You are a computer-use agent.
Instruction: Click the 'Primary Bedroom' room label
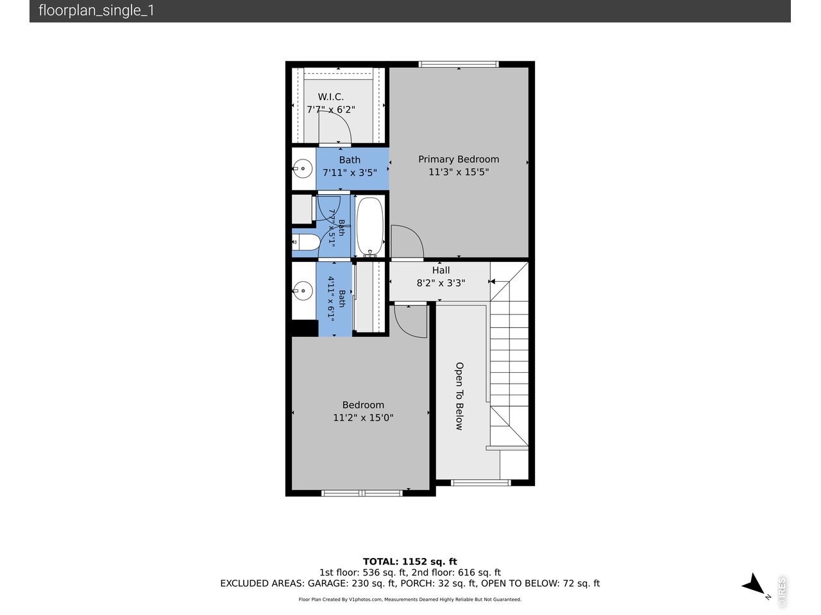[459, 160]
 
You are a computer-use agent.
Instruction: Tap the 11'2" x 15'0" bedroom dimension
[363, 418]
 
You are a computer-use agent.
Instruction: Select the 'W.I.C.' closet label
[330, 97]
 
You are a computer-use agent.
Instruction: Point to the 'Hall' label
[441, 270]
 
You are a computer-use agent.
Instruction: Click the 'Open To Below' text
[459, 396]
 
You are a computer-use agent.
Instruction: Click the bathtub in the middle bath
[370, 227]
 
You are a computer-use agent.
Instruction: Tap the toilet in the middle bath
[305, 242]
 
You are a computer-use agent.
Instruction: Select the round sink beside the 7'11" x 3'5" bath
[302, 168]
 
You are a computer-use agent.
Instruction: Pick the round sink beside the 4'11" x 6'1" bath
[302, 291]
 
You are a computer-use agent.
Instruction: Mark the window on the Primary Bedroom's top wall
[459, 64]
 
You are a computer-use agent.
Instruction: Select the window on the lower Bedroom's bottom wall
[362, 493]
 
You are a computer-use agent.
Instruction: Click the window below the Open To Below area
[480, 483]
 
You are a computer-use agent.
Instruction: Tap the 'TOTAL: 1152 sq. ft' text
[410, 562]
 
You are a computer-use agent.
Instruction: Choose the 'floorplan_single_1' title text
[96, 10]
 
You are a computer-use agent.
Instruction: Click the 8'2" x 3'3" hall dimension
[441, 283]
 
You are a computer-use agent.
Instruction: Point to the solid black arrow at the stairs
[492, 281]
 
